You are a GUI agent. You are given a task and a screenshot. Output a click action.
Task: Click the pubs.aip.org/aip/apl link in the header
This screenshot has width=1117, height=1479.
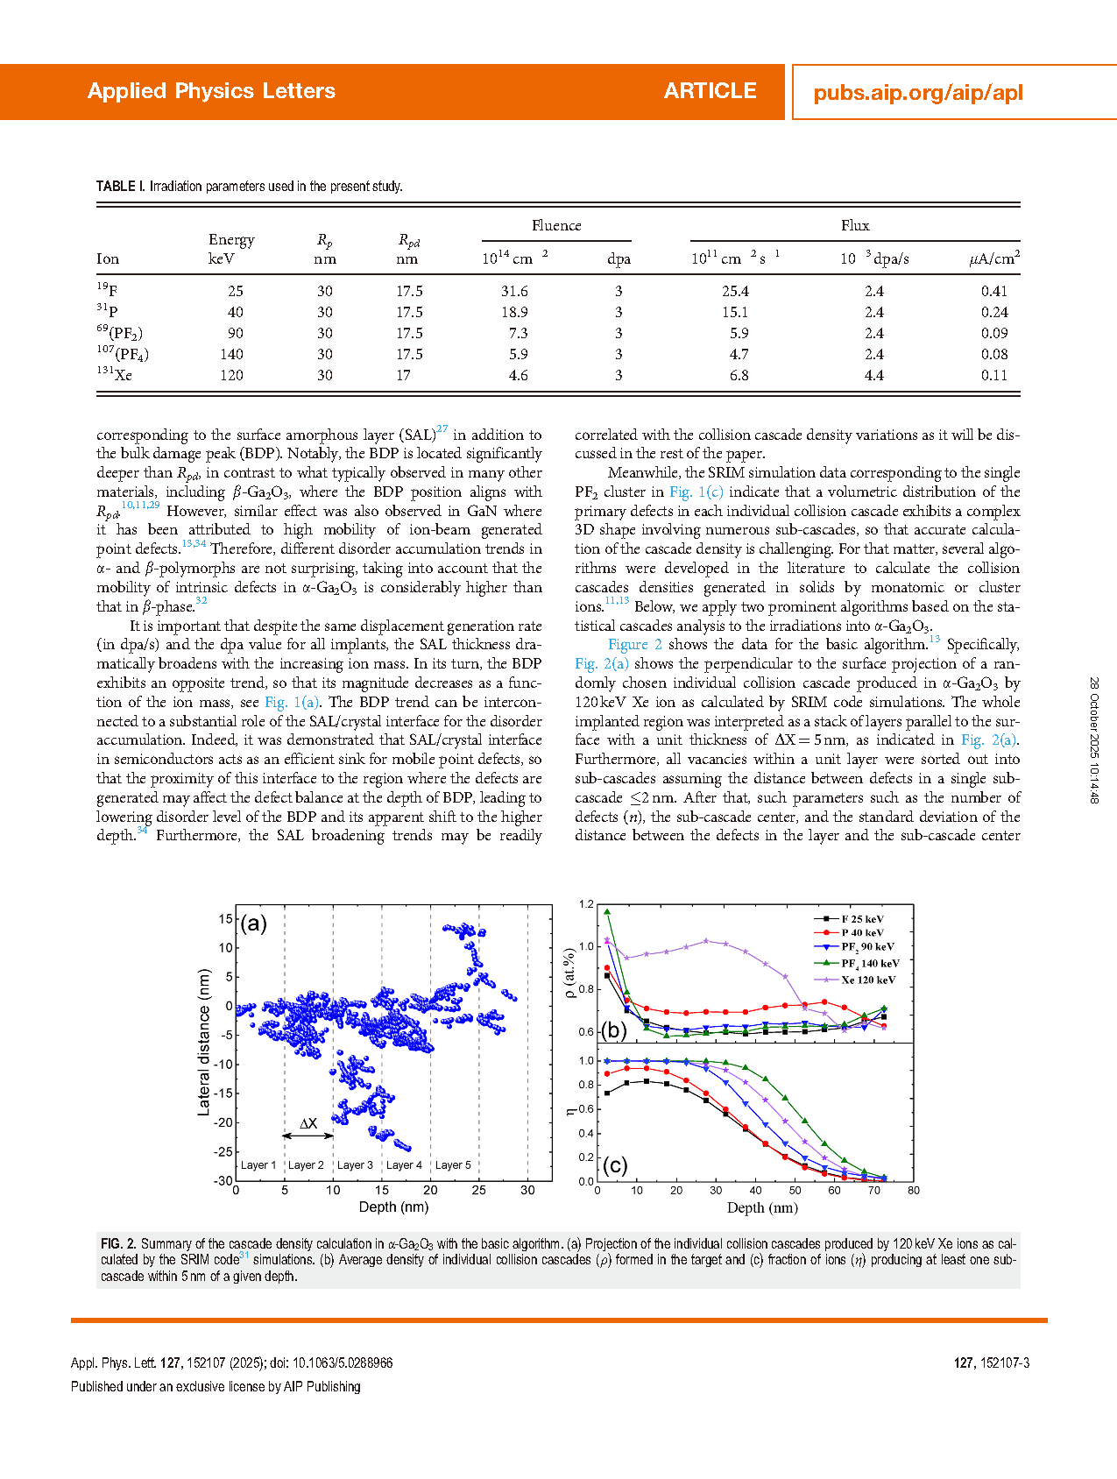(917, 93)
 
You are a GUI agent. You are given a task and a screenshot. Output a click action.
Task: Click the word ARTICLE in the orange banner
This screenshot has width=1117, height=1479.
(710, 91)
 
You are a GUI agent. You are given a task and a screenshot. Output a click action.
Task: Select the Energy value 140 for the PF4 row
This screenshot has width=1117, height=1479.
(231, 354)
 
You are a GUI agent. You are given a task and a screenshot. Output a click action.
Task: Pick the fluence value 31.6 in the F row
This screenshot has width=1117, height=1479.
(514, 291)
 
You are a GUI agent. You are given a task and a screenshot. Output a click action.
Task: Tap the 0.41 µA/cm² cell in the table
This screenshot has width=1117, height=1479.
(994, 291)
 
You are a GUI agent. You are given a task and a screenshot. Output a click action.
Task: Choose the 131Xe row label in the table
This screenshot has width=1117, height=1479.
(115, 375)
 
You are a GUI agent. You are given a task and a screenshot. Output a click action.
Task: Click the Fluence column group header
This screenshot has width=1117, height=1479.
(556, 226)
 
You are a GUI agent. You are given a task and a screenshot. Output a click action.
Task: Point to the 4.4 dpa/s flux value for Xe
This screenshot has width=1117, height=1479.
(873, 375)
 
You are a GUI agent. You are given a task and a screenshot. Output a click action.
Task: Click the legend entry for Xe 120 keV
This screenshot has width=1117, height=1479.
(868, 980)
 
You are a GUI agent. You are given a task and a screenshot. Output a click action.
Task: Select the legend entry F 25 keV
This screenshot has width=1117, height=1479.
(862, 919)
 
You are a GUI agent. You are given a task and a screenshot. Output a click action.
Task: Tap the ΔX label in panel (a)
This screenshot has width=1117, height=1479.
(308, 1123)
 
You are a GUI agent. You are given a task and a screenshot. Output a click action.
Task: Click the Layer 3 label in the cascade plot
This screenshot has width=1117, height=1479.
(355, 1165)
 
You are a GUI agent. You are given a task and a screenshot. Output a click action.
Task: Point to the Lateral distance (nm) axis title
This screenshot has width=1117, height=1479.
(204, 1042)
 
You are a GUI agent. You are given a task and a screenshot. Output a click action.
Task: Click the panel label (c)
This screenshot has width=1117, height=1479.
(615, 1164)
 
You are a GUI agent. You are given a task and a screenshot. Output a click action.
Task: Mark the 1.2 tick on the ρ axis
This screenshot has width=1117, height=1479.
(586, 904)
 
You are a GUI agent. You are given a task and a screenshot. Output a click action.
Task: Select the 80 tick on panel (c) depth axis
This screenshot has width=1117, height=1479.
(914, 1190)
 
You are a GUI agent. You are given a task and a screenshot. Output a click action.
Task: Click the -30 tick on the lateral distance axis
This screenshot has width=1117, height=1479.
(223, 1181)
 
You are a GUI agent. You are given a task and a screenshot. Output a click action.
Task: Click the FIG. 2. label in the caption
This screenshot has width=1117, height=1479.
(118, 1243)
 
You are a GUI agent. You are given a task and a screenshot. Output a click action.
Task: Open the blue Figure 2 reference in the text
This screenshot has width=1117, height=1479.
(634, 644)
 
